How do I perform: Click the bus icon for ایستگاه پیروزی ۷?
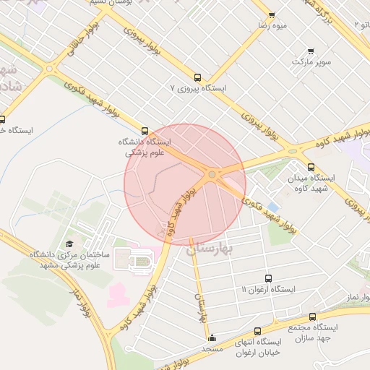click(198, 77)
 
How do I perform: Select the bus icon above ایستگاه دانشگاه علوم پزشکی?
click(145, 131)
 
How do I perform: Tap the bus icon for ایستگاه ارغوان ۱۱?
click(269, 278)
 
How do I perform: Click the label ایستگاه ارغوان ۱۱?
click(269, 290)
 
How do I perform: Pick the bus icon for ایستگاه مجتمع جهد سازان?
click(312, 317)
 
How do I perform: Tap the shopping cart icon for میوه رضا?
click(272, 14)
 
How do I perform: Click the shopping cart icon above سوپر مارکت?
click(311, 51)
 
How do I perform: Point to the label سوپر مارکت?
click(311, 62)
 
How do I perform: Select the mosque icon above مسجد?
click(212, 337)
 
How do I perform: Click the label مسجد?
click(212, 349)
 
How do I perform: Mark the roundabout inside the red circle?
click(212, 174)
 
